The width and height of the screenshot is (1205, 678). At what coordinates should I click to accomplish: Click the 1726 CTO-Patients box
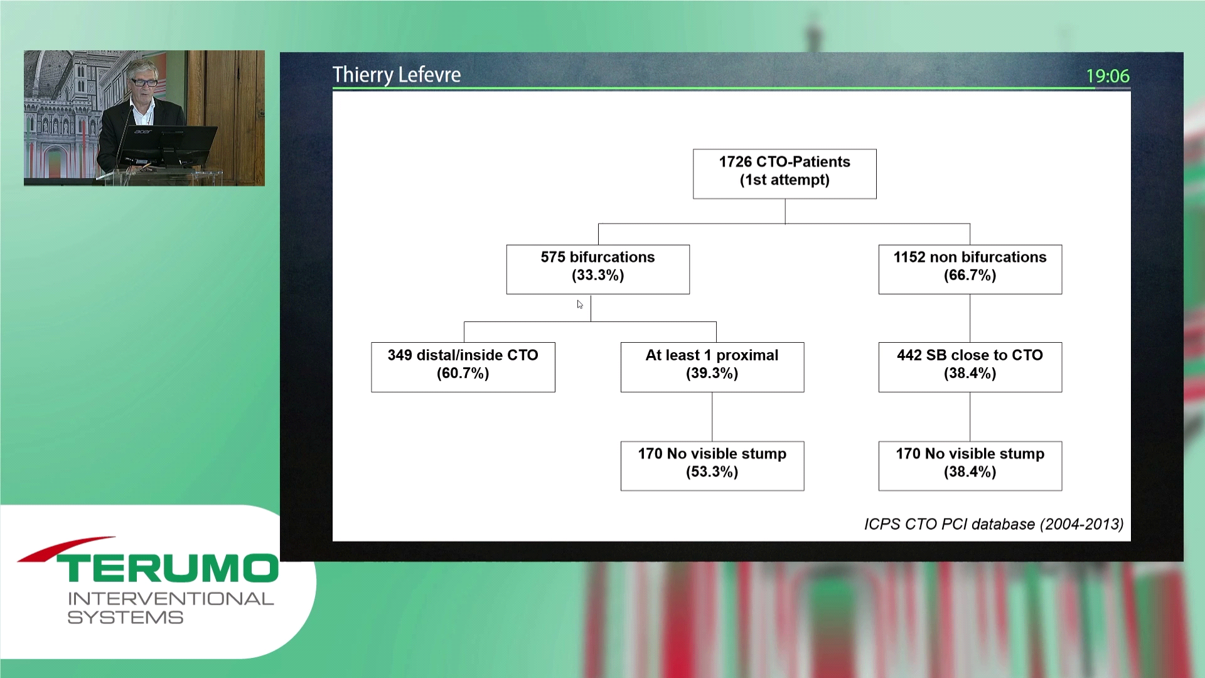[x=785, y=174]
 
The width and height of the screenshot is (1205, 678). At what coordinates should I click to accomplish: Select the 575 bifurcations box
[x=597, y=269]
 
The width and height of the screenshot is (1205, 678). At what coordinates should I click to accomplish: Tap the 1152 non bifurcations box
[x=970, y=269]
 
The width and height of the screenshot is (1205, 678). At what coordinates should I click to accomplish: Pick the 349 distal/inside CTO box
[x=463, y=367]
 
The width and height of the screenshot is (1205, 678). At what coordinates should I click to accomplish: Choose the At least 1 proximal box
[x=712, y=367]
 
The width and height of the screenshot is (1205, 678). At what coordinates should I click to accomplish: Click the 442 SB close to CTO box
[x=970, y=367]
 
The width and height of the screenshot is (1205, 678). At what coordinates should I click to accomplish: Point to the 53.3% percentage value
[x=712, y=472]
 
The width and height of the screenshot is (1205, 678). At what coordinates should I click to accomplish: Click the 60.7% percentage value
[x=463, y=374]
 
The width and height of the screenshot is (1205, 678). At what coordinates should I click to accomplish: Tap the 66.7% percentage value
[x=970, y=276]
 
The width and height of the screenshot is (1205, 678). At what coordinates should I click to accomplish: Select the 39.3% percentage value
[x=712, y=374]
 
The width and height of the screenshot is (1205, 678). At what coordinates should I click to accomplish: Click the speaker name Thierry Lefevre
[x=397, y=75]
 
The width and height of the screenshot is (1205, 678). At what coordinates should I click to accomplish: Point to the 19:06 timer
[x=1108, y=76]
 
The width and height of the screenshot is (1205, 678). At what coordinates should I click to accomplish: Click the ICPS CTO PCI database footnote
[x=993, y=524]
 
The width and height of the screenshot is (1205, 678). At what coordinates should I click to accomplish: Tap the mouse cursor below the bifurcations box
[x=580, y=304]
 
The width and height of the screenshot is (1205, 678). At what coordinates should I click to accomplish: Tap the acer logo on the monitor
[x=142, y=132]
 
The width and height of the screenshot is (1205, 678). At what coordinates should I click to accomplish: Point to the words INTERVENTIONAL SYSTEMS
[x=171, y=608]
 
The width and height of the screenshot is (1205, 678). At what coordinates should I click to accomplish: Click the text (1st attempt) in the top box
[x=785, y=180]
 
